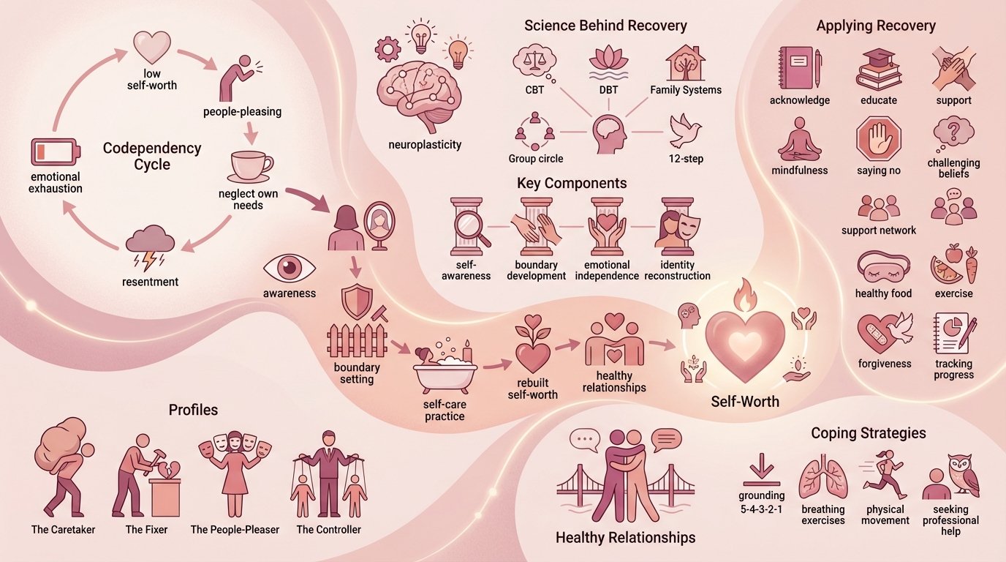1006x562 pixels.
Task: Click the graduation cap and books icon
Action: tap(878, 70)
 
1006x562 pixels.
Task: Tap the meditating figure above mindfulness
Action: tap(799, 139)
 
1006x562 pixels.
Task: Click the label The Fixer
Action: tap(143, 529)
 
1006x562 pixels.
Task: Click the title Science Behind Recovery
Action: tap(605, 26)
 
